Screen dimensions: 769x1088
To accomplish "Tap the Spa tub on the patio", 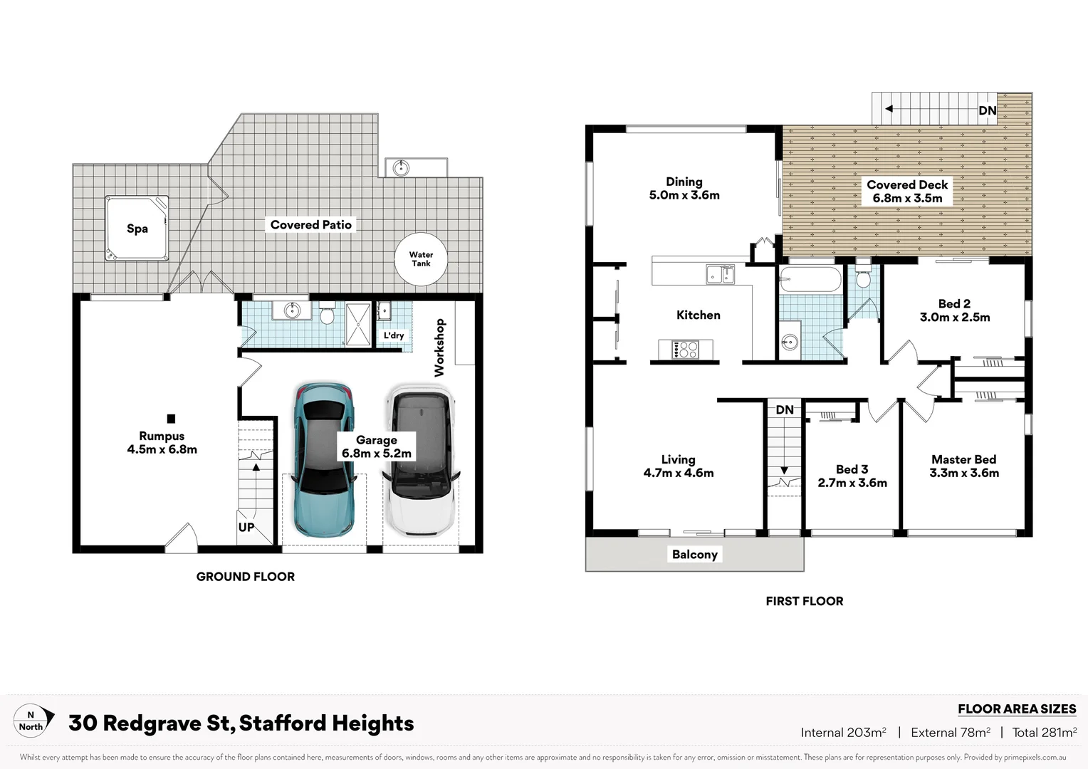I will (x=137, y=229).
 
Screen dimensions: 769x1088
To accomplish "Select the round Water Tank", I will (x=421, y=259).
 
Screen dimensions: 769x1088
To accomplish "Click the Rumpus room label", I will (x=162, y=436).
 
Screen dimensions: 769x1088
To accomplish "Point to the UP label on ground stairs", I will (x=246, y=527).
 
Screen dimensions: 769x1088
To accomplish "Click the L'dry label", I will (x=394, y=335).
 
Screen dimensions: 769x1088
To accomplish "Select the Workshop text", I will (x=439, y=347).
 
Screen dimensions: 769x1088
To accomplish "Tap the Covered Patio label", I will (x=311, y=224).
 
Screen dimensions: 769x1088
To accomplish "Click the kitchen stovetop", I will (x=686, y=350).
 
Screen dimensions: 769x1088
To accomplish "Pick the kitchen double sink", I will (x=721, y=274).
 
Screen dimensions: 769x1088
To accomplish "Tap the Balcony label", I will (x=695, y=554).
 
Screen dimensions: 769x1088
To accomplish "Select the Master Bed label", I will (x=964, y=459).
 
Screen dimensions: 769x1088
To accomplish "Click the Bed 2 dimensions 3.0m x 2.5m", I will (x=955, y=318).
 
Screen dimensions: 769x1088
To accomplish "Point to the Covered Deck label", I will (x=907, y=184).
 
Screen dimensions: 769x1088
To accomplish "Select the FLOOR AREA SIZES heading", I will (x=1017, y=708).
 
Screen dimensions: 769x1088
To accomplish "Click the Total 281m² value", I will (x=1044, y=732).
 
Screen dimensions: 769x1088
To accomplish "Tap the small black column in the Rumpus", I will (x=171, y=419).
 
